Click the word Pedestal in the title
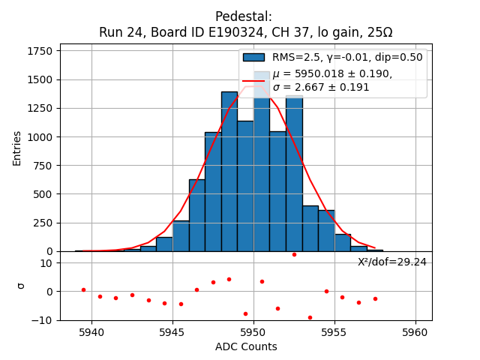click(243, 16)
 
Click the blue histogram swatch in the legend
click(253, 57)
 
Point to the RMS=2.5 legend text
click(298, 57)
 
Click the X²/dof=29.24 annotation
click(392, 262)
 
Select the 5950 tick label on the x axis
click(253, 331)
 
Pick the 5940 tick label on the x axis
click(91, 331)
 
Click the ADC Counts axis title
click(246, 346)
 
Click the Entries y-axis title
click(17, 148)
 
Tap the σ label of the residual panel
click(21, 286)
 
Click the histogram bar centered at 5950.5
click(262, 165)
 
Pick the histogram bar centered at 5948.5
click(229, 172)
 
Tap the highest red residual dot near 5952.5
click(294, 254)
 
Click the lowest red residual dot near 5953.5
click(310, 317)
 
